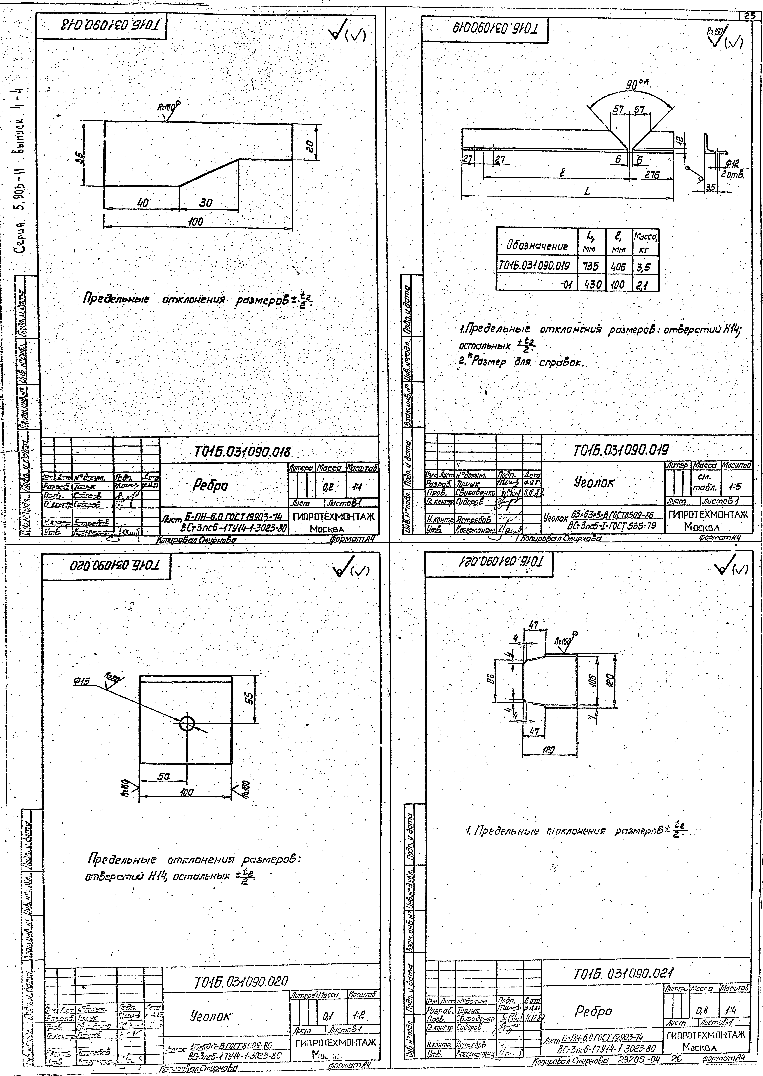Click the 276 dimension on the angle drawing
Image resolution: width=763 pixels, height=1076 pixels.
[652, 175]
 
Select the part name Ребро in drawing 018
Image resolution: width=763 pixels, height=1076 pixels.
[211, 486]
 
